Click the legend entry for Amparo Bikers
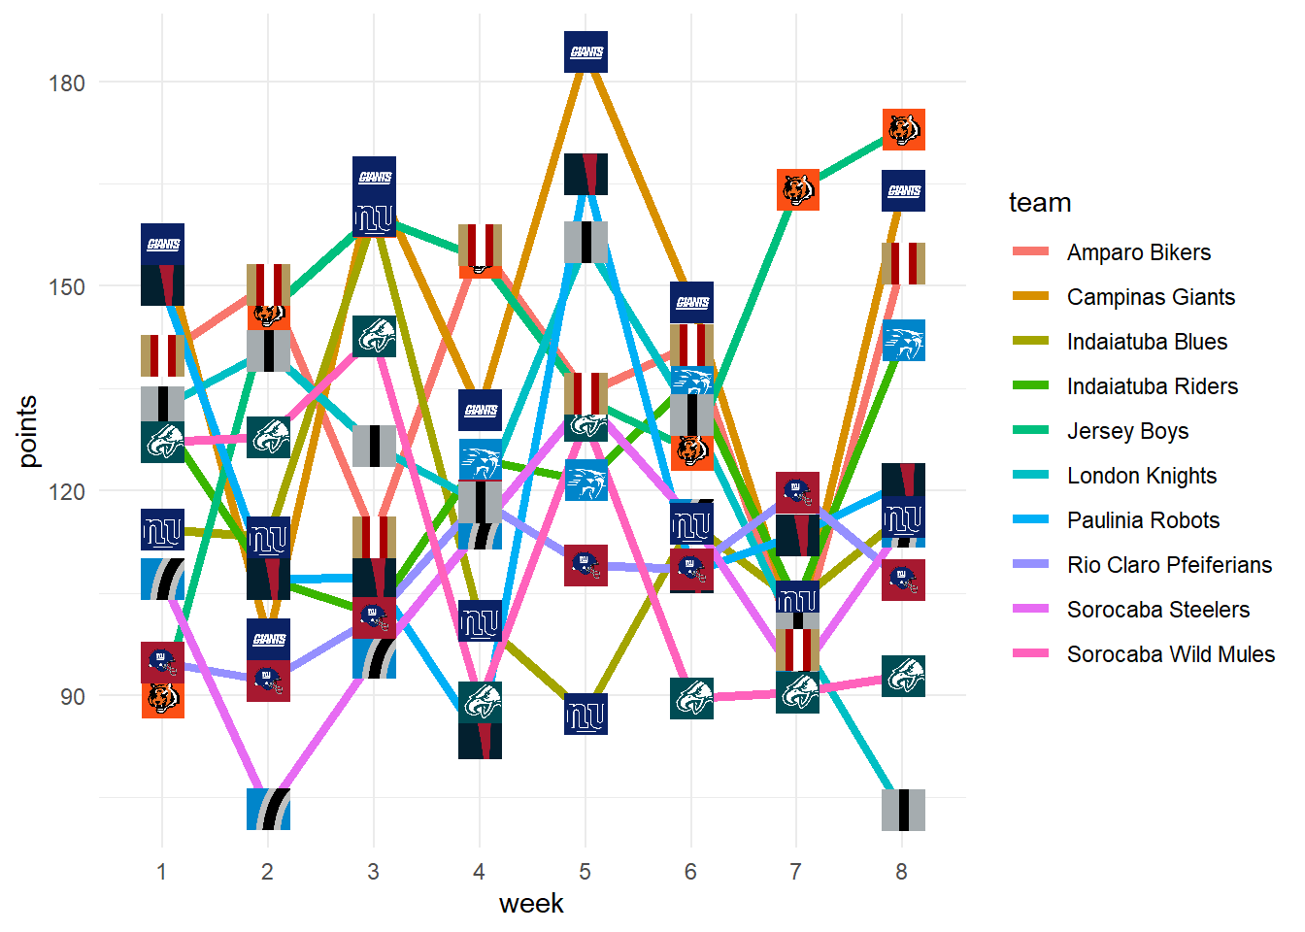1138,252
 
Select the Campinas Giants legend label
1151,297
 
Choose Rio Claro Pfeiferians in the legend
1169,565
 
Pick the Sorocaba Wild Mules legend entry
1170,654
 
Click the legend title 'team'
1040,203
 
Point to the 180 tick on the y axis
67,83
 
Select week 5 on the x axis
585,872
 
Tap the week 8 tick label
902,872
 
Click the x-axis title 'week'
531,904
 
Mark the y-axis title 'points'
28,430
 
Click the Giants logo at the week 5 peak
586,51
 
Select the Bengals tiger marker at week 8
903,129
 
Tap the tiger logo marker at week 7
797,189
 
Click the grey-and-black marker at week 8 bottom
903,810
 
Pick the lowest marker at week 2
268,809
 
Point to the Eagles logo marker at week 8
903,676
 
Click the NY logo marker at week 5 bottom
586,715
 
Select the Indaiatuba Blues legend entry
1147,342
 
